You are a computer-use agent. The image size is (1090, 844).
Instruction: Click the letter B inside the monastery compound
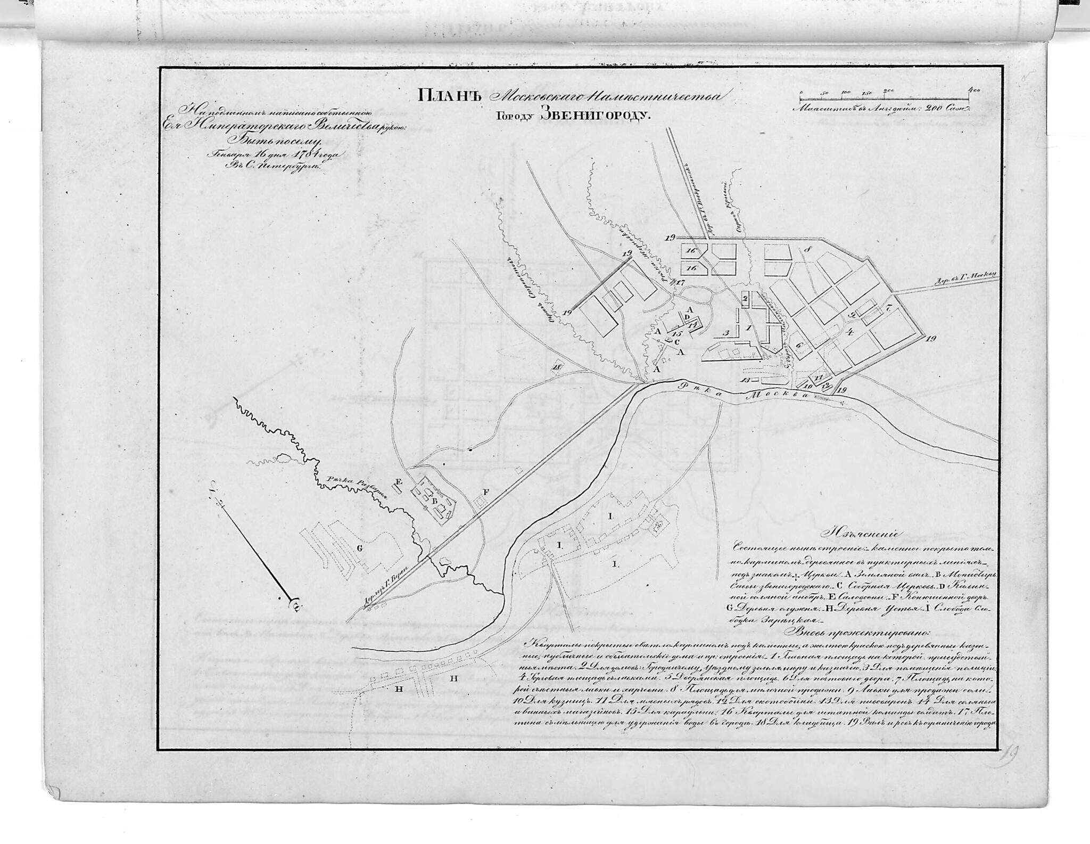click(434, 501)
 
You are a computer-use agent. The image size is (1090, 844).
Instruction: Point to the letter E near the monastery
click(398, 482)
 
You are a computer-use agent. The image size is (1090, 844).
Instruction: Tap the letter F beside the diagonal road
click(485, 491)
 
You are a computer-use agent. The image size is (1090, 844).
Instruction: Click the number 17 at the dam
click(680, 283)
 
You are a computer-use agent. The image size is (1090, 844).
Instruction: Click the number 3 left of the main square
click(725, 333)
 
